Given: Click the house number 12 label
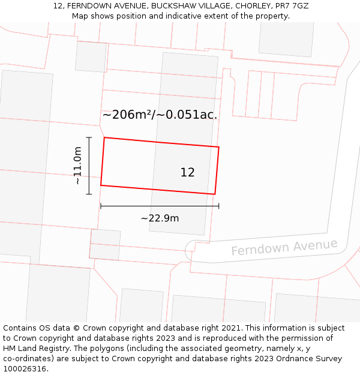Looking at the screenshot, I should tap(187, 173).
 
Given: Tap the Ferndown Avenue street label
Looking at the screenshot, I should tap(284, 247).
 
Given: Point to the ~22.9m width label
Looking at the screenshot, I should tap(160, 218).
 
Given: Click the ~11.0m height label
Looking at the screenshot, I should tap(77, 166).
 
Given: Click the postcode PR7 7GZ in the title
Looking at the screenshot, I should tap(291, 5).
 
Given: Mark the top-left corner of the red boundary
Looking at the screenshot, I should tap(104, 138).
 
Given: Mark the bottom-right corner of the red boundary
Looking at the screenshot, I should tap(215, 194).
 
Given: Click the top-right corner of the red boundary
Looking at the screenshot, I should tap(218, 147).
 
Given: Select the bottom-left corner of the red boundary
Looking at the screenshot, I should tap(101, 185).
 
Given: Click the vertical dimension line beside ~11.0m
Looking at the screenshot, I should tap(89, 166).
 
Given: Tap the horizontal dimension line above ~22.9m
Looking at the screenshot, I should tap(160, 206).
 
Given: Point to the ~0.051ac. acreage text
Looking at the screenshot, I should tap(188, 115).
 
